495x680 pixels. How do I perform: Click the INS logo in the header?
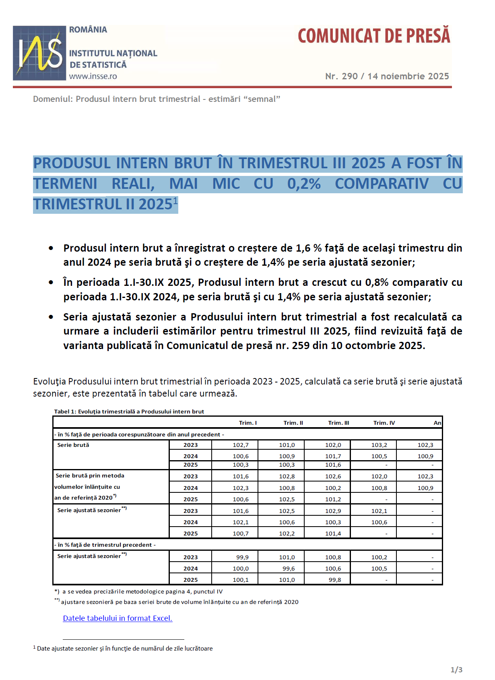[x=39, y=53]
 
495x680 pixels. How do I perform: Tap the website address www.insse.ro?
[x=93, y=76]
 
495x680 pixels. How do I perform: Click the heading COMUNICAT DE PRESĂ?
[x=374, y=36]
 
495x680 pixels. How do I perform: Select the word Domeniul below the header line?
[x=52, y=99]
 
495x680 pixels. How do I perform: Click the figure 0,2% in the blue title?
[x=304, y=184]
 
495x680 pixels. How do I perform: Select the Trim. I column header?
[x=248, y=423]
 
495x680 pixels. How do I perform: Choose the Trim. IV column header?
[x=384, y=423]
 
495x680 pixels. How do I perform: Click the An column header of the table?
[x=437, y=423]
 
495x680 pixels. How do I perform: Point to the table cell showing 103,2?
[x=379, y=445]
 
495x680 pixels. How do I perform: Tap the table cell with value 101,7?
[x=333, y=456]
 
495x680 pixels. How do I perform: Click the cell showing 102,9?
[x=333, y=511]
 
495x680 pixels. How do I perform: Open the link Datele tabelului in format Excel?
[x=118, y=618]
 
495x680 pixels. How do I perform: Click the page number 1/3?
[x=456, y=670]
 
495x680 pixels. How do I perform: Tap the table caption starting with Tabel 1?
[x=129, y=411]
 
